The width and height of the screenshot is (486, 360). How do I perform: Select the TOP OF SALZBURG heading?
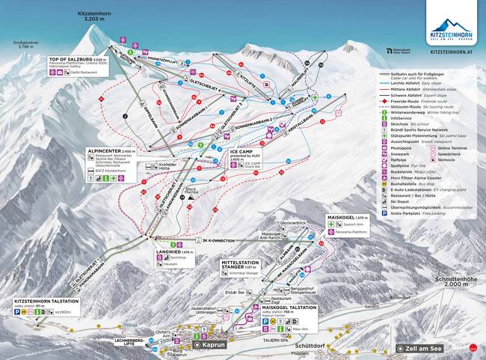[71, 58]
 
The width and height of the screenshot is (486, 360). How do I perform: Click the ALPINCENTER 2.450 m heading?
[108, 150]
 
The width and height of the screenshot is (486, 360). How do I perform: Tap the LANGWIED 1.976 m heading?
[171, 253]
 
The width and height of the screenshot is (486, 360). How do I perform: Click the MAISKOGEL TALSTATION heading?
[270, 307]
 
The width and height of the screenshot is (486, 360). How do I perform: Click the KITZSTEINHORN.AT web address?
[452, 52]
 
